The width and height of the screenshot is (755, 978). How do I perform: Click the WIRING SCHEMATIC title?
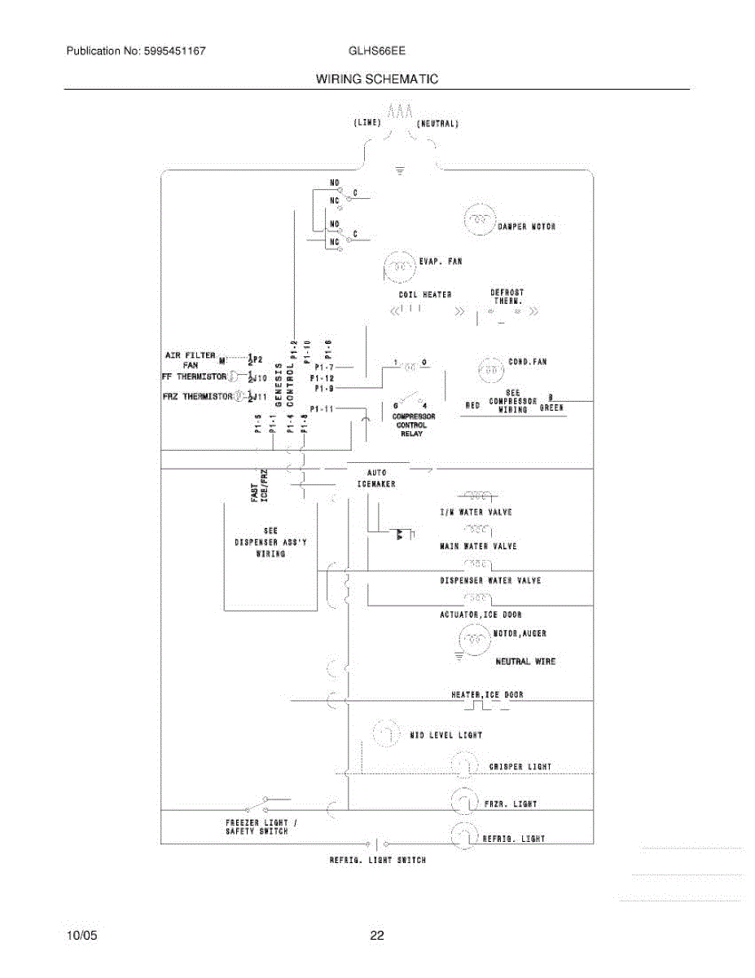(376, 79)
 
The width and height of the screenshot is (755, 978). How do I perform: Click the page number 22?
(376, 936)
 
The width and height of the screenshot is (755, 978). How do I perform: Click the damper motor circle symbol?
(479, 218)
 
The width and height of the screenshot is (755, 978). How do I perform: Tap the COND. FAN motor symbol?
(490, 369)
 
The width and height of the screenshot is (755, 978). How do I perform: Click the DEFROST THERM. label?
(507, 296)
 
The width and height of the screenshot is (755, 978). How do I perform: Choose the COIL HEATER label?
(424, 294)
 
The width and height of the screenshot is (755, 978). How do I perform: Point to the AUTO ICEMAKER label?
(376, 478)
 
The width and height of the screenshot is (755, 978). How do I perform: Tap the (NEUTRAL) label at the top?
(438, 124)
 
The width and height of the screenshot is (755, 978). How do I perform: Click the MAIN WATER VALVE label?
(478, 546)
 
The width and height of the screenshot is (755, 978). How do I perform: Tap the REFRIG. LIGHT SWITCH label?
(377, 861)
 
